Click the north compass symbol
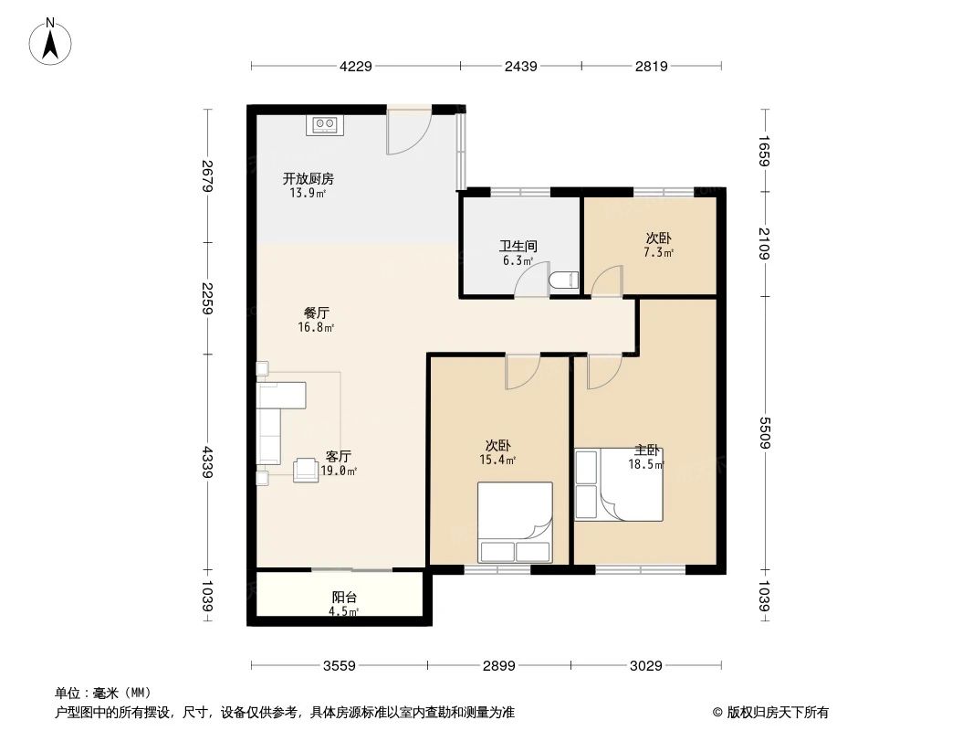point(52,40)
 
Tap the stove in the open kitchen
point(326,125)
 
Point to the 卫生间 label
point(518,246)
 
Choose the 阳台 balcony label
point(344,598)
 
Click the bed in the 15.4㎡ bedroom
point(516,522)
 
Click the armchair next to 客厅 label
point(305,470)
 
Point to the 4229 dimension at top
point(356,66)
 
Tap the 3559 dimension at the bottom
point(339,665)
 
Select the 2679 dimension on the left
point(208,175)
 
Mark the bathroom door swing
point(530,282)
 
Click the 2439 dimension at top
point(520,66)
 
